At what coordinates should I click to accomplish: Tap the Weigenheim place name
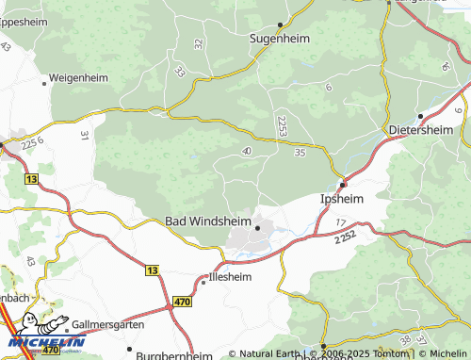[78, 77]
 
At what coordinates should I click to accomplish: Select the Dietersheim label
[421, 129]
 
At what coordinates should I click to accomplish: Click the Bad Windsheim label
[208, 221]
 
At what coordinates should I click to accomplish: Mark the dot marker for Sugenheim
[281, 25]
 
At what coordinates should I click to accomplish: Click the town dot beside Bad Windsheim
[257, 228]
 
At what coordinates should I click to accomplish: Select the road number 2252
[345, 240]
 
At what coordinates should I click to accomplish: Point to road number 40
[247, 151]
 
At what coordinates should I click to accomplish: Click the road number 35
[300, 152]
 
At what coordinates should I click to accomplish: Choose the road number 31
[84, 137]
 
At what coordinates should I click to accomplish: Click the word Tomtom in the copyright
[392, 353]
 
